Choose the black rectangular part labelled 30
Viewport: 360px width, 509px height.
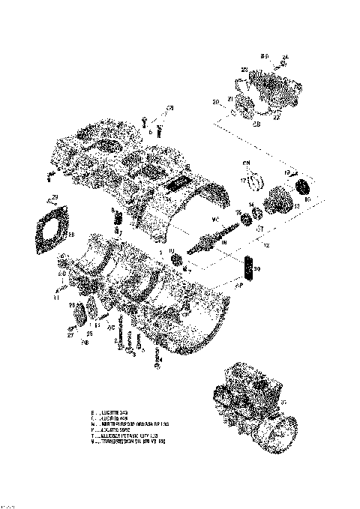(250, 268)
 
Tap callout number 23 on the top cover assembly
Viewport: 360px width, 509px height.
(244, 70)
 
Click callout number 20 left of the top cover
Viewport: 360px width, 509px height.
(216, 102)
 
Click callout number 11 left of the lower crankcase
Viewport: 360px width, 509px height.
(55, 297)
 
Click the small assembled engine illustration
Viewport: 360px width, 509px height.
(249, 408)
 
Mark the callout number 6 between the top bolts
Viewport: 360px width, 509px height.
(150, 131)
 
